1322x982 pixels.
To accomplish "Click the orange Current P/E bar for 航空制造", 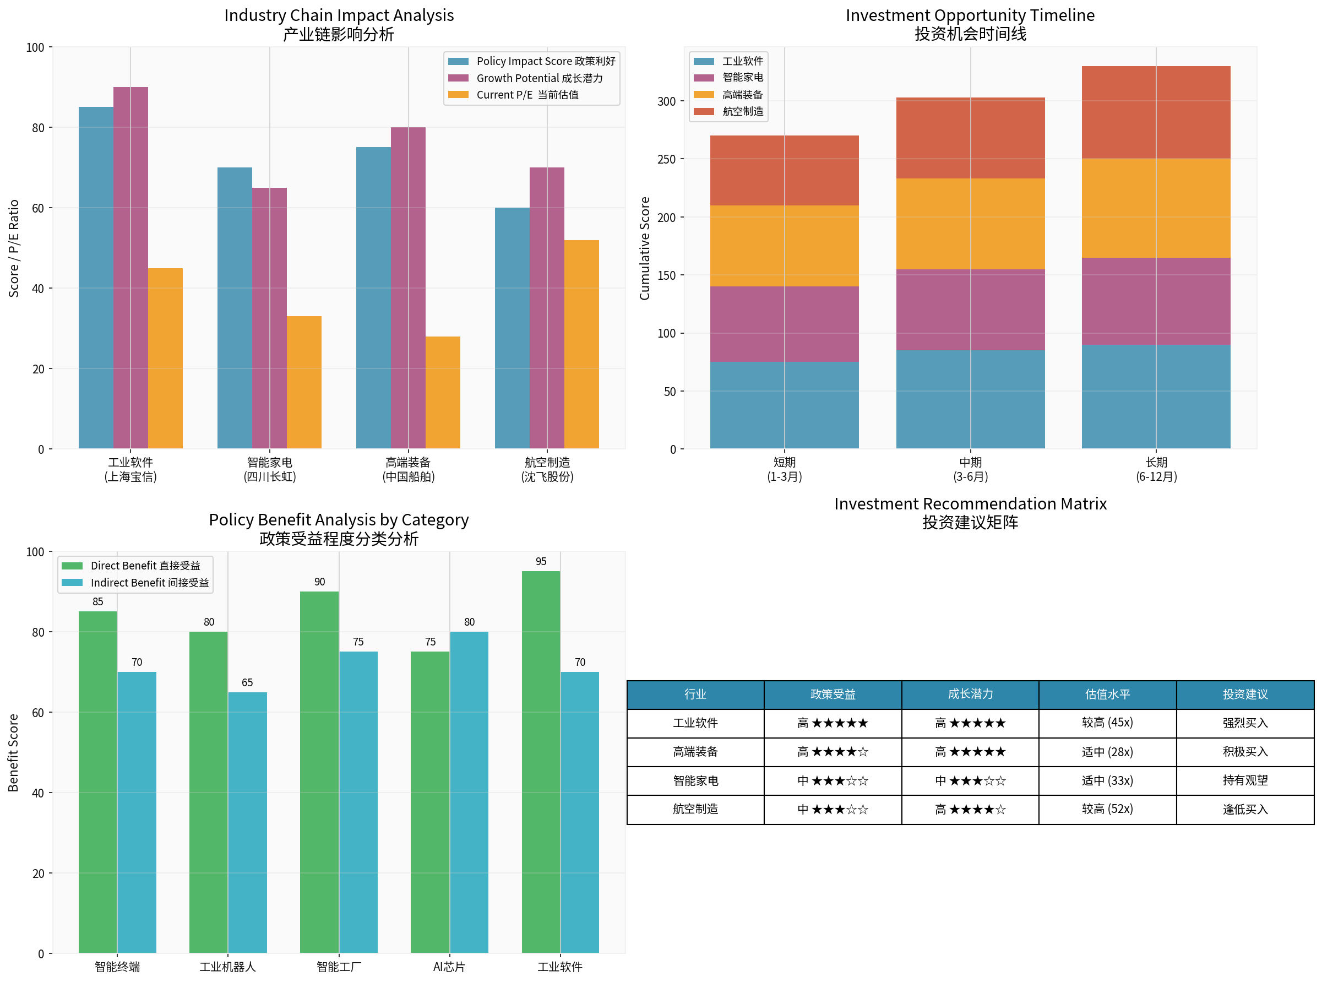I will coord(581,344).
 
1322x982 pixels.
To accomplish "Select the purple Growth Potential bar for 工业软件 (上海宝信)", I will coord(130,268).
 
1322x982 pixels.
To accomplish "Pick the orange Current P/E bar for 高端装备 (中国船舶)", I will coord(443,392).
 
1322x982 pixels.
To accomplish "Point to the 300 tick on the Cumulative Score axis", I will coord(667,102).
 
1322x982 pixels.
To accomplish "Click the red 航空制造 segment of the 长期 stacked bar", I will coord(1156,112).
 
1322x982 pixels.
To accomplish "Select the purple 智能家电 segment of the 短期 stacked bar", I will coord(784,324).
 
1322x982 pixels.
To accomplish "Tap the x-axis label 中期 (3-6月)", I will coord(970,469).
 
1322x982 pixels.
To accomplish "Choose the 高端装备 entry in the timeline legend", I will coord(742,95).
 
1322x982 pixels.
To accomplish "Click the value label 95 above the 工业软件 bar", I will coord(541,561).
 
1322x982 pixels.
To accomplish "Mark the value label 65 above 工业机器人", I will coord(247,682).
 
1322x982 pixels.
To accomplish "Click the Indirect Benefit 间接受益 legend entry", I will coord(149,583).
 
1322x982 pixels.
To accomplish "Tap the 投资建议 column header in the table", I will coord(1245,695).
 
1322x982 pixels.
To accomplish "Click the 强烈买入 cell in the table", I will coord(1245,723).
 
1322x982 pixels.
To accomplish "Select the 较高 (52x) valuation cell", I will coord(1107,809).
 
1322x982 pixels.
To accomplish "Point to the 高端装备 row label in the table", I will coord(695,752).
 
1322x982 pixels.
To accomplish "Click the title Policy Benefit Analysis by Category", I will coord(339,519).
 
